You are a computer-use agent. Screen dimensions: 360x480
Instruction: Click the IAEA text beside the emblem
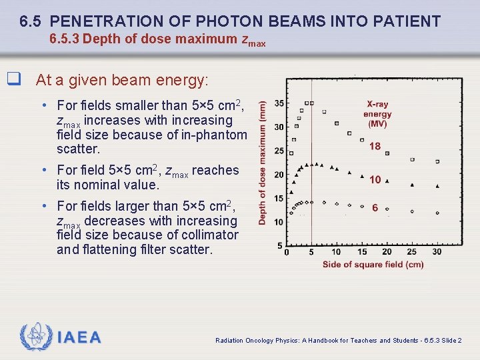[x=79, y=338]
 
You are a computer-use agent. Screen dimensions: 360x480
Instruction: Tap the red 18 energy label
[x=375, y=147]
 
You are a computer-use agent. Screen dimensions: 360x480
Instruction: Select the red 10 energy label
[x=375, y=179]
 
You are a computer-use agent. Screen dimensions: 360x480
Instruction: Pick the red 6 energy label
[x=375, y=208]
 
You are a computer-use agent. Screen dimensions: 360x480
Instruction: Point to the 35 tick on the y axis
[x=278, y=103]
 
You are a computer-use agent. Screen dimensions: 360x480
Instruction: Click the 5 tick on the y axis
[x=279, y=246]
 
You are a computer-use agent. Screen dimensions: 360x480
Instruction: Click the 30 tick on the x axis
[x=437, y=252]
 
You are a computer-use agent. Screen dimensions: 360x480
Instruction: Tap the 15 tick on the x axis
[x=362, y=252]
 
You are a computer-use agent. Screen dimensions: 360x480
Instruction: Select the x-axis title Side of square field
[x=373, y=265]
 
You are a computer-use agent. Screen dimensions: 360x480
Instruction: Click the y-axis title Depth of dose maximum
[x=263, y=163]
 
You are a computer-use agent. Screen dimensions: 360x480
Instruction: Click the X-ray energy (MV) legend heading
[x=377, y=114]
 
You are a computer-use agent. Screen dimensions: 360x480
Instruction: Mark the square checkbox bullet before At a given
[x=12, y=79]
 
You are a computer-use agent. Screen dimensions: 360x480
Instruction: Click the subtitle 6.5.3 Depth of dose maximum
[x=157, y=39]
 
